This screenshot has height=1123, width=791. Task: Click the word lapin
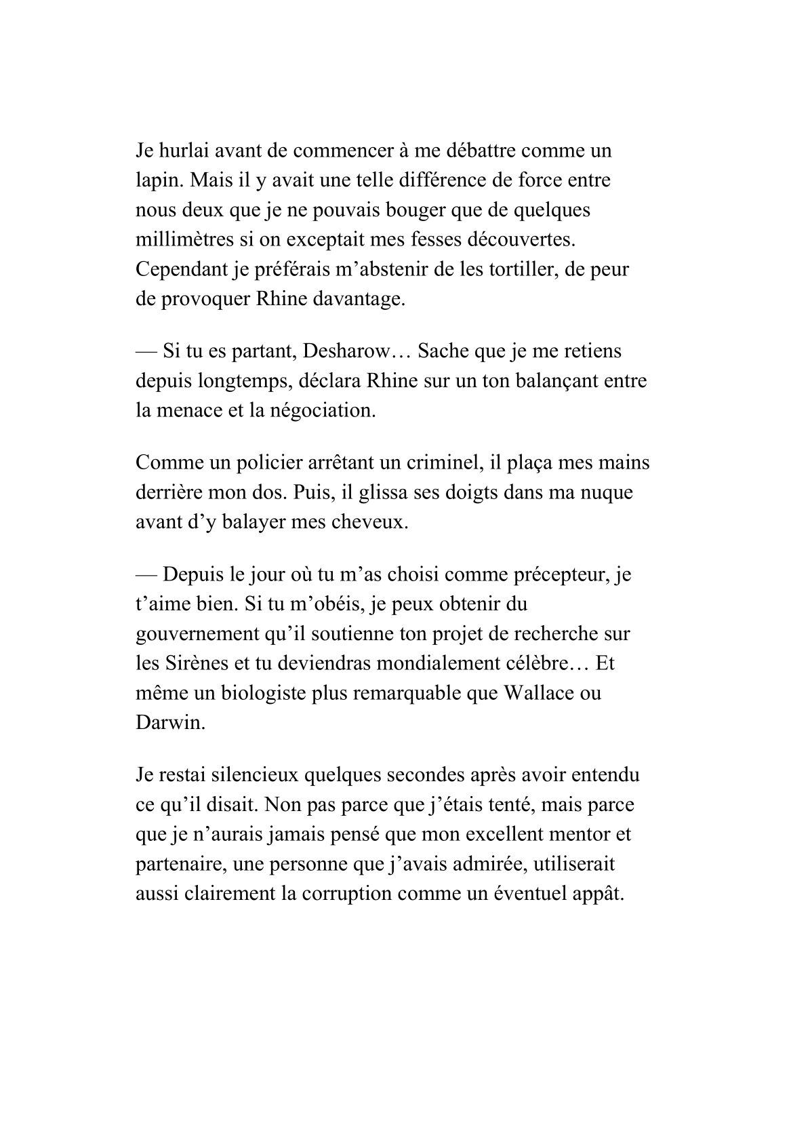pyautogui.click(x=157, y=180)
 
